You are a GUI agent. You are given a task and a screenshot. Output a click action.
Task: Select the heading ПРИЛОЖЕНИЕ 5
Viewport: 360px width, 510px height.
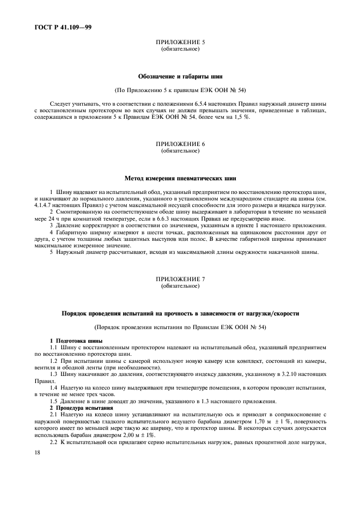180,42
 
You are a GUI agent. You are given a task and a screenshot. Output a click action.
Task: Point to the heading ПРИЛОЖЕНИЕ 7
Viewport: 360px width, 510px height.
180,279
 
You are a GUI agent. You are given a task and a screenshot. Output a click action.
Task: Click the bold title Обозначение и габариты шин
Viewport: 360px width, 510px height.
180,76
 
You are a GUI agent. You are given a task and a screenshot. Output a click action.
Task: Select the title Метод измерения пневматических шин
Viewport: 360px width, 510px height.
180,178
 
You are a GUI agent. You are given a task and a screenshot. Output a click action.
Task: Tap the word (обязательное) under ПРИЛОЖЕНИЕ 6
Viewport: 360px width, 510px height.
180,150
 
